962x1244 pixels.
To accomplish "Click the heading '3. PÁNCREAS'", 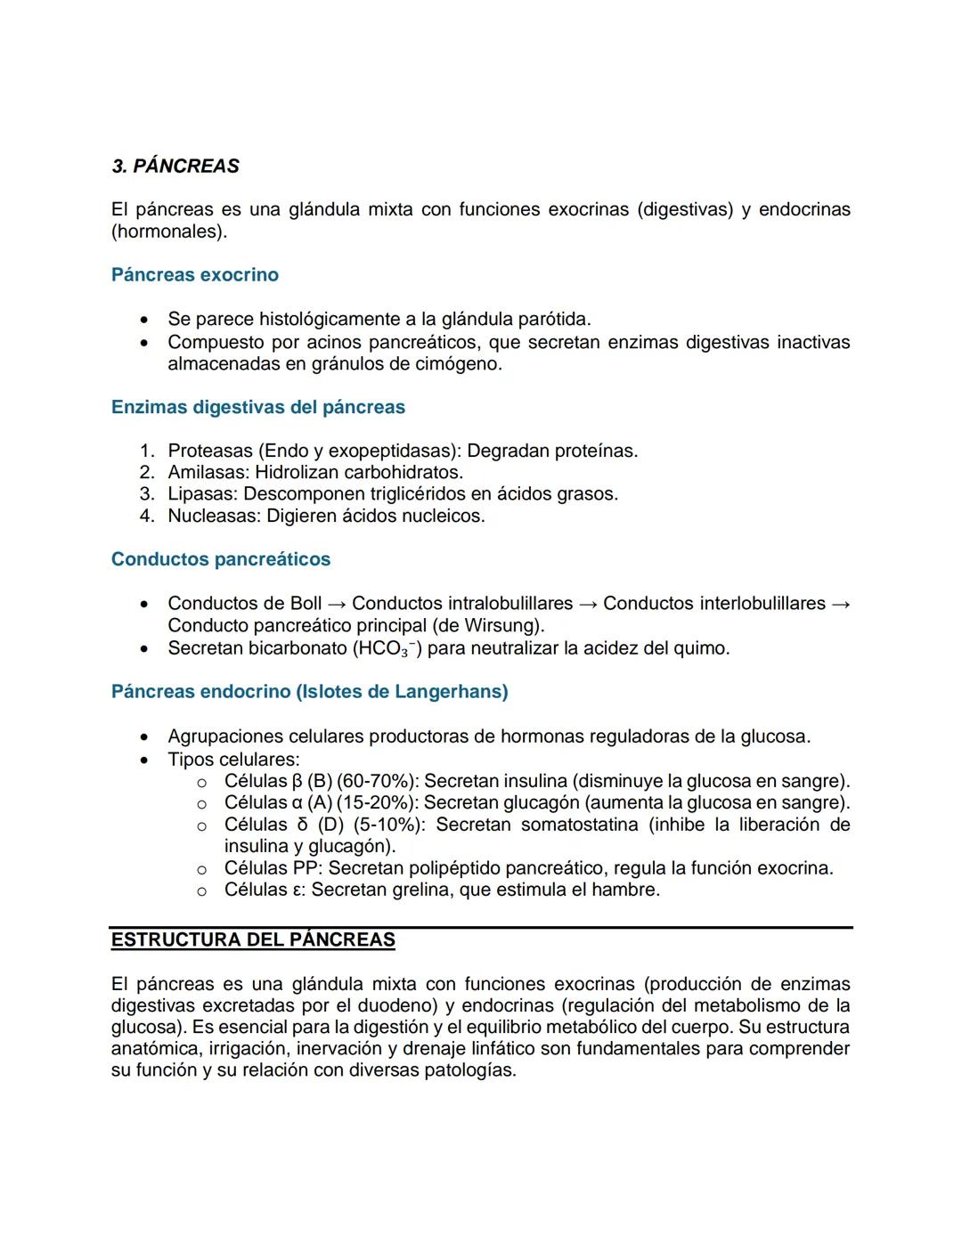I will (x=175, y=167).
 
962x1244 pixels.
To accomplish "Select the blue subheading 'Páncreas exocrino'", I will (x=194, y=275).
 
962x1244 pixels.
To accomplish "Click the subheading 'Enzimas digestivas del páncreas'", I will (x=257, y=408).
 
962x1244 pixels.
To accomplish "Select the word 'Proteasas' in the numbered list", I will (x=210, y=451).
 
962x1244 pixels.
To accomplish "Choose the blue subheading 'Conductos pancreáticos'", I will (x=220, y=560).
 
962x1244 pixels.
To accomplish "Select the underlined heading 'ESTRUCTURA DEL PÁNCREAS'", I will (x=253, y=940).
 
